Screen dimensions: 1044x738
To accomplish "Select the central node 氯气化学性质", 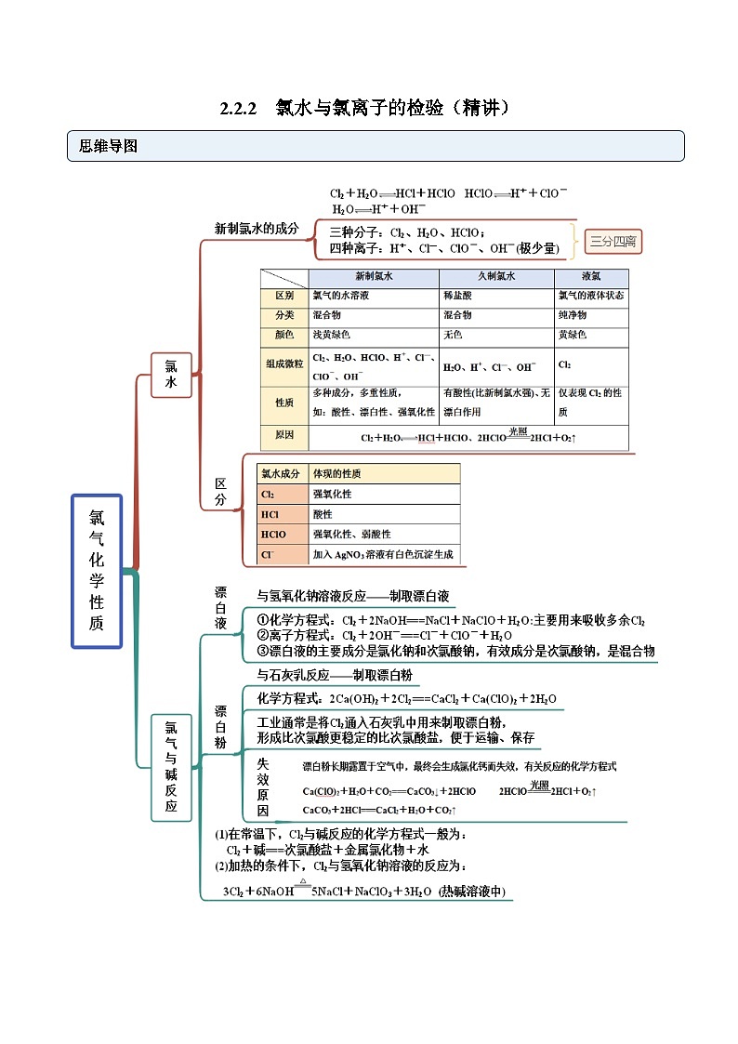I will [97, 570].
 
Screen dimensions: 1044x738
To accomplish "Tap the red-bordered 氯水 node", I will [170, 374].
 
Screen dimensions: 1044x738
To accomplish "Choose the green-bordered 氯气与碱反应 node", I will [170, 767].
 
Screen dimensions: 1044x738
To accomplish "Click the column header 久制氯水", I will [496, 277].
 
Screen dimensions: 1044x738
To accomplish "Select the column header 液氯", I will [590, 277].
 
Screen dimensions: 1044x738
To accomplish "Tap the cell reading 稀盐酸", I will [458, 296].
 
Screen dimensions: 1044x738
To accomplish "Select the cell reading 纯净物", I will [573, 315].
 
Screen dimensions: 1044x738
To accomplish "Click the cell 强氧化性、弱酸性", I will [351, 535].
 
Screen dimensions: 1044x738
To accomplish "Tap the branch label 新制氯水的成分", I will [257, 229].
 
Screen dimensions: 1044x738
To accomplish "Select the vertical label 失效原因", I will [263, 786].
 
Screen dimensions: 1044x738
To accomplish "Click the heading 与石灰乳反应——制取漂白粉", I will [334, 675].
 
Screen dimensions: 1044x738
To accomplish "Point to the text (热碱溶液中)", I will [471, 891].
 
